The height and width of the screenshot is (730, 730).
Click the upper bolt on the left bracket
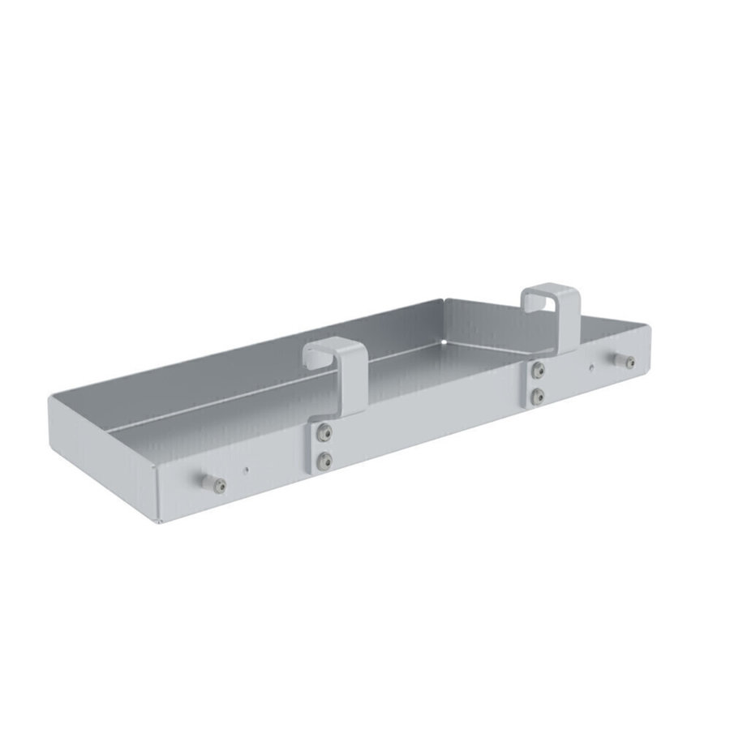325,431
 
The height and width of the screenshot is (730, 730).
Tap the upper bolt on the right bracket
537,370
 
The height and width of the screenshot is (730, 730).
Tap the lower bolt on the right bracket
537,396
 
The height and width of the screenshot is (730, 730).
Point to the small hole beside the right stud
593,367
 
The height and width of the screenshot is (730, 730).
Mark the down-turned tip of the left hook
309,356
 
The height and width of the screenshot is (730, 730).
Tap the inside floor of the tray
243,406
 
